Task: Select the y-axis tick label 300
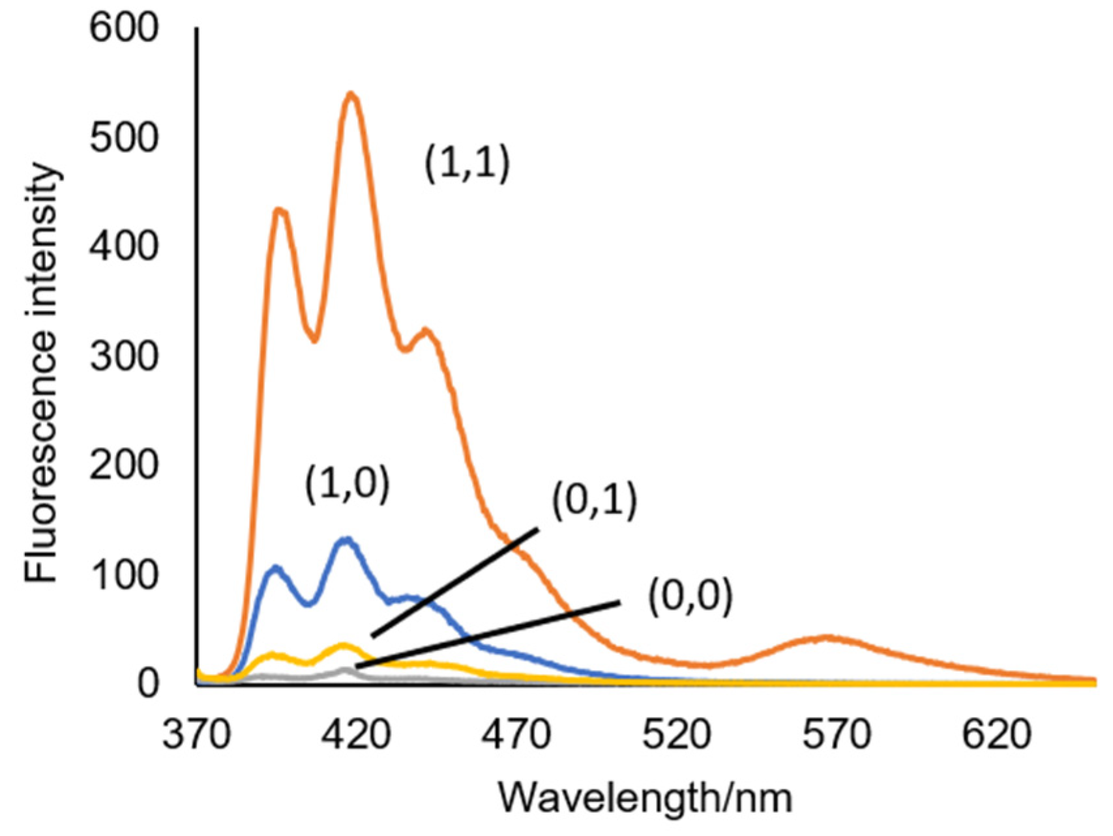pos(124,356)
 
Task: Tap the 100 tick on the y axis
pos(124,575)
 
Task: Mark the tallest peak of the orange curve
pos(351,94)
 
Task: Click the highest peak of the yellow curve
pos(343,644)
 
